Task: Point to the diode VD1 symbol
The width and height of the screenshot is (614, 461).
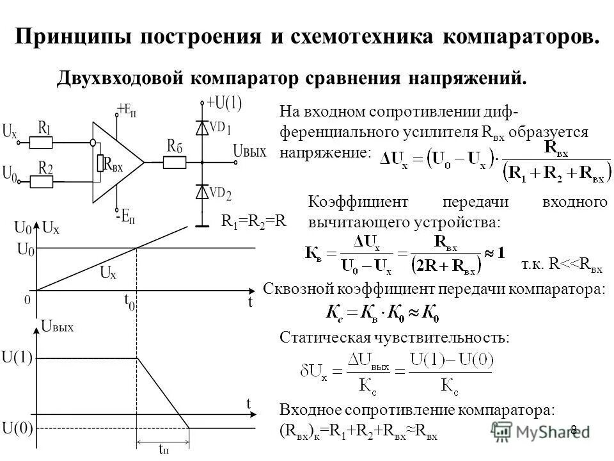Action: tap(203, 127)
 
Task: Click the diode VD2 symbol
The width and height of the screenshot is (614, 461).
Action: tap(203, 192)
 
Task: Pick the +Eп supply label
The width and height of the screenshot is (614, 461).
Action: tap(126, 110)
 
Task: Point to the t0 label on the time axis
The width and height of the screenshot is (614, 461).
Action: tap(130, 302)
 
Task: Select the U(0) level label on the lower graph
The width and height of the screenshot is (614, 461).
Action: tap(17, 426)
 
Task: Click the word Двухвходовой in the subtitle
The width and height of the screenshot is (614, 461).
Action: tap(123, 78)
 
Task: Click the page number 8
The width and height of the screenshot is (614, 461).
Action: tap(574, 429)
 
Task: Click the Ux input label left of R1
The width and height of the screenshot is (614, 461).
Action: tap(10, 133)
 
